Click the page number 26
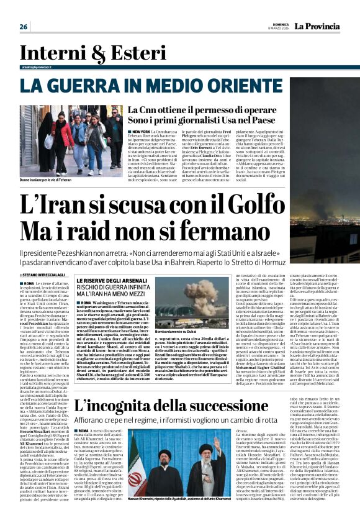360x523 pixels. tap(24, 27)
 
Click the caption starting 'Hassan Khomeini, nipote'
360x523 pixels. tap(178, 499)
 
